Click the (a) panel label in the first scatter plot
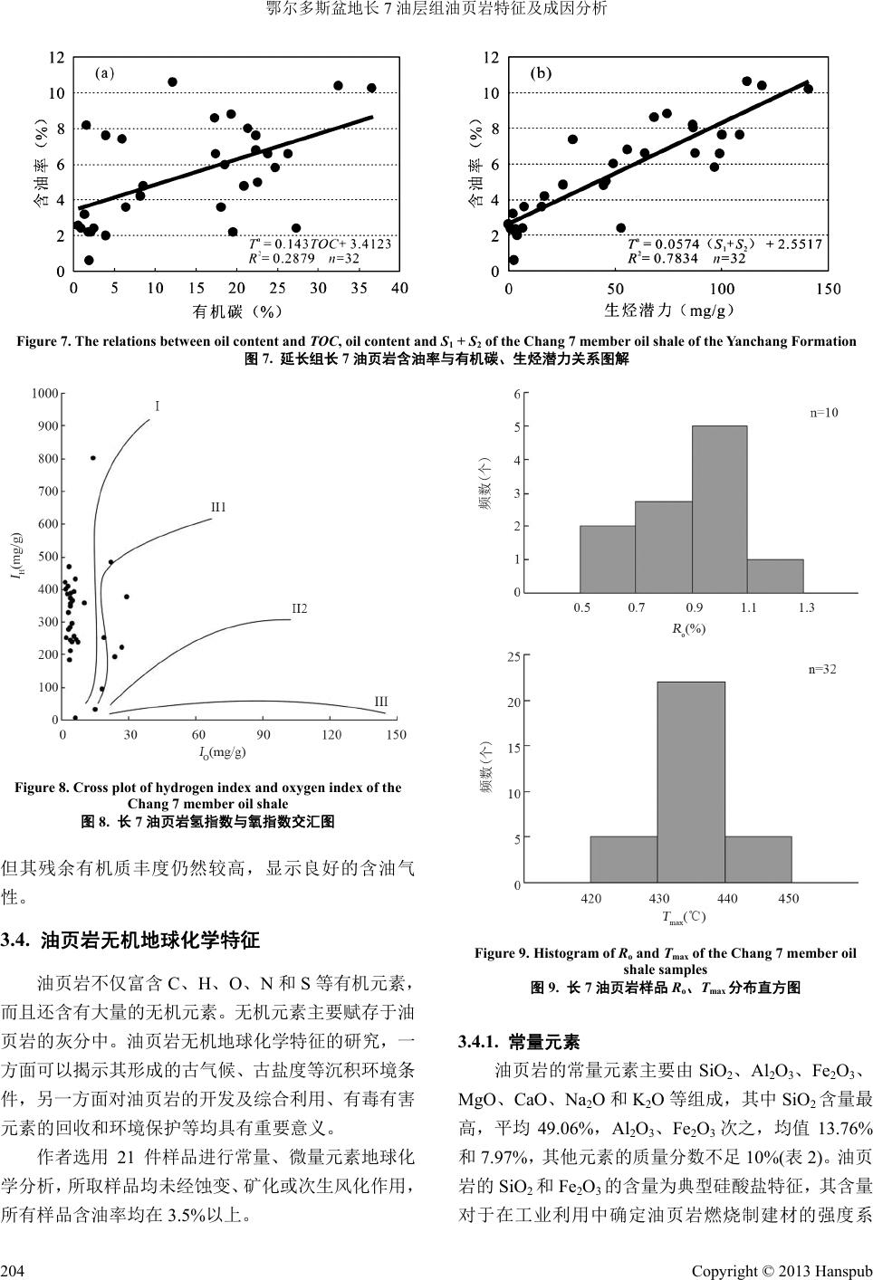pyautogui.click(x=105, y=74)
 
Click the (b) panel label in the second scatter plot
pyautogui.click(x=541, y=74)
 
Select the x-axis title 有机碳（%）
pyautogui.click(x=238, y=311)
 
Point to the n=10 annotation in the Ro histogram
pyautogui.click(x=824, y=413)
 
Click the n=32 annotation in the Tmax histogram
pyautogui.click(x=822, y=670)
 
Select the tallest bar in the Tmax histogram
pyautogui.click(x=691, y=782)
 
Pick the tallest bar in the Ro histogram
pyautogui.click(x=720, y=509)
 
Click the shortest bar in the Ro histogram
pyautogui.click(x=775, y=576)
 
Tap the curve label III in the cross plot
pyautogui.click(x=381, y=701)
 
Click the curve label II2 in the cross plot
pyautogui.click(x=299, y=609)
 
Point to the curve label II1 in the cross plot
pyautogui.click(x=218, y=507)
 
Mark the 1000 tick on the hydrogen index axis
pyautogui.click(x=44, y=393)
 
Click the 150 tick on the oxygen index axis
pyautogui.click(x=396, y=735)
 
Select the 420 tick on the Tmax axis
pyautogui.click(x=590, y=899)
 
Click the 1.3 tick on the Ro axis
pyautogui.click(x=807, y=607)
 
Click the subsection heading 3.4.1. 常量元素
pyautogui.click(x=520, y=1042)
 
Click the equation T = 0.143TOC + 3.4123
pyautogui.click(x=320, y=244)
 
